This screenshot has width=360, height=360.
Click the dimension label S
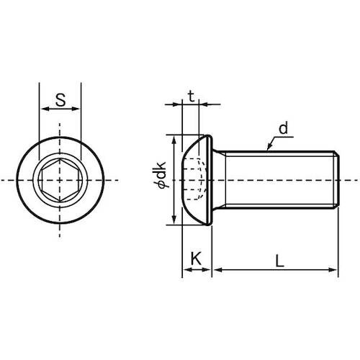point(60,100)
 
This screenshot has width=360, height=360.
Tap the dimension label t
point(191,96)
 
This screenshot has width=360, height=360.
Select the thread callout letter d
point(283,128)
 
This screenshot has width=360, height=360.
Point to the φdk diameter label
point(160,174)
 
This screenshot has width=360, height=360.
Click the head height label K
point(197,258)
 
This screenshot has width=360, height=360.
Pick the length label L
point(279,261)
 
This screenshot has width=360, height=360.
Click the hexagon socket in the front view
point(60,180)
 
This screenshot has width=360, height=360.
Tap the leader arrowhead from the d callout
point(270,146)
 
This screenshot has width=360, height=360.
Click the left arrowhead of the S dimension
point(45,109)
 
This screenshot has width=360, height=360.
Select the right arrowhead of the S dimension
point(75,109)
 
